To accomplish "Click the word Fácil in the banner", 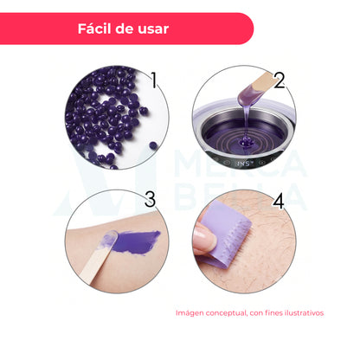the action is pyautogui.click(x=94, y=29).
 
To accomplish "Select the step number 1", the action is pyautogui.click(x=154, y=80).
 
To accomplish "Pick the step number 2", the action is pyautogui.click(x=280, y=80).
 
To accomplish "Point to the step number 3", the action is pyautogui.click(x=150, y=199).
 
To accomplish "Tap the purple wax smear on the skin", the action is pyautogui.click(x=136, y=241).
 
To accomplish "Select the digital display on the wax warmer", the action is pyautogui.click(x=241, y=164).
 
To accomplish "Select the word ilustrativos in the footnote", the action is pyautogui.click(x=304, y=312).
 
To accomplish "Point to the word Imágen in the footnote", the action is pyautogui.click(x=190, y=313).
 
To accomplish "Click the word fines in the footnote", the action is pyautogui.click(x=273, y=312).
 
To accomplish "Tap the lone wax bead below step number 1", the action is pyautogui.click(x=153, y=146).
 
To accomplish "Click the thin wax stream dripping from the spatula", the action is pyautogui.click(x=246, y=121).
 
